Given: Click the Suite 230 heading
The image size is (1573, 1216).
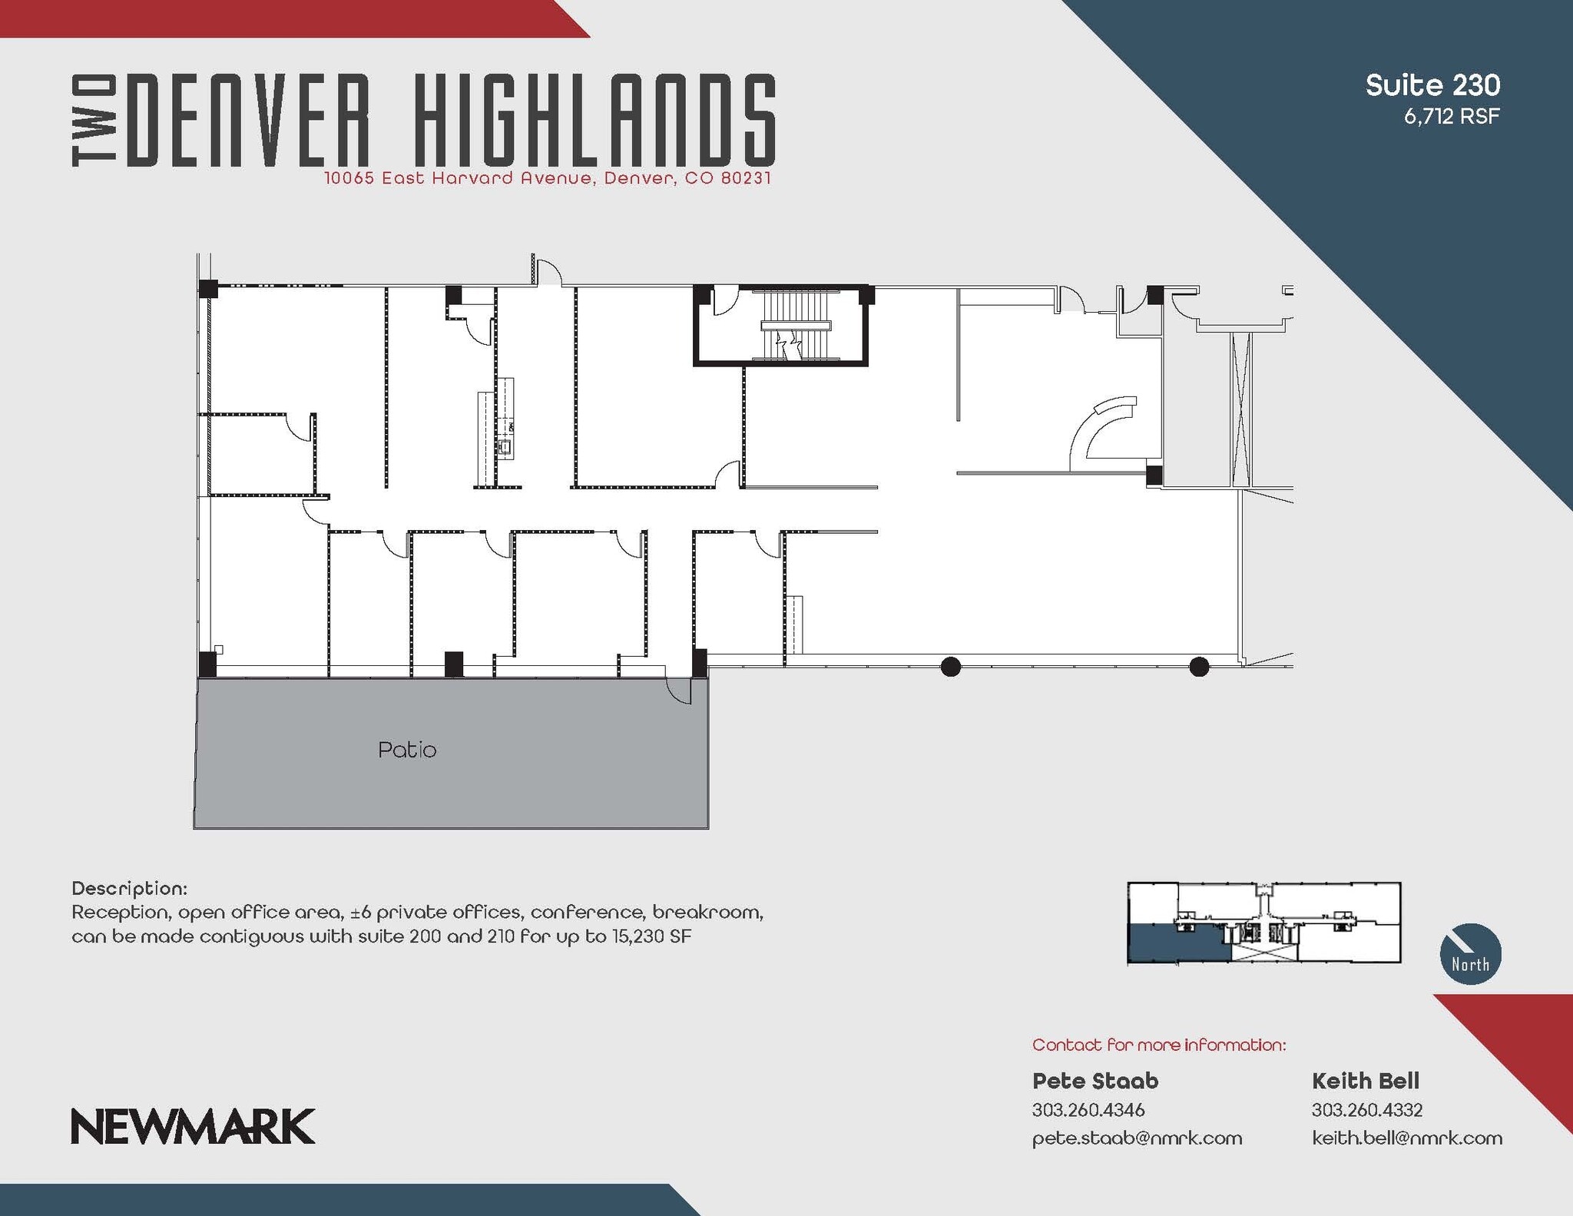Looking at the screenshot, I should [1432, 85].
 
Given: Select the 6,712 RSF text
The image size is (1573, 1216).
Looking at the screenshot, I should [1452, 117].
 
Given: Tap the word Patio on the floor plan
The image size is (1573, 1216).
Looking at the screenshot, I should [407, 750].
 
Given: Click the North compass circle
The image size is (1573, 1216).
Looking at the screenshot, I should [1470, 954].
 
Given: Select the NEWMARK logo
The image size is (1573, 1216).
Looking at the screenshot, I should [193, 1126].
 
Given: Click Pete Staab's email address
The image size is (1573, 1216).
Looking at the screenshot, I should [1137, 1138].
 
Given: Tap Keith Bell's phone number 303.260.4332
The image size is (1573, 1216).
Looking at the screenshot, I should [1367, 1110].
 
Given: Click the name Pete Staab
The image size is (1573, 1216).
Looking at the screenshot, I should [1095, 1081].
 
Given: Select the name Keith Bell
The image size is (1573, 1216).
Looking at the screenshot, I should [1366, 1081].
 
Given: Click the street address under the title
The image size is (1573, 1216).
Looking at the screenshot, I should [547, 178].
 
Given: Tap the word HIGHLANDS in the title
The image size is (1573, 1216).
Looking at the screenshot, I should [594, 120].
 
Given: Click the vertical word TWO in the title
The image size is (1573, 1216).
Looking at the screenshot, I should [94, 121].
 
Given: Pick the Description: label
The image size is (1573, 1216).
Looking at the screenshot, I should [129, 888].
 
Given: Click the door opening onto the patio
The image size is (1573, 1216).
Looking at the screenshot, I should [679, 689].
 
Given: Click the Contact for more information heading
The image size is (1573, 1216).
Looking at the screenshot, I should [1158, 1045].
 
